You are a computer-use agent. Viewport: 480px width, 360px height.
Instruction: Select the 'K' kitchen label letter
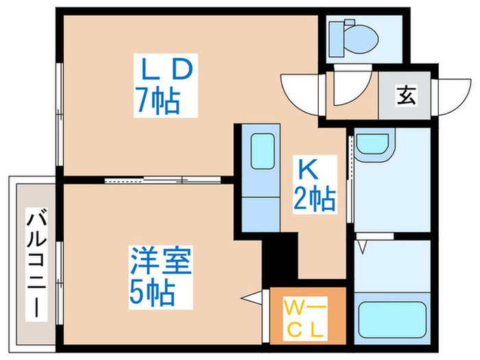306,167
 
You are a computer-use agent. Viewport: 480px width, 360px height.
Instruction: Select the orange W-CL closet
306,315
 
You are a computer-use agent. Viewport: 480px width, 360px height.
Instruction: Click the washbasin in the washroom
372,145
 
